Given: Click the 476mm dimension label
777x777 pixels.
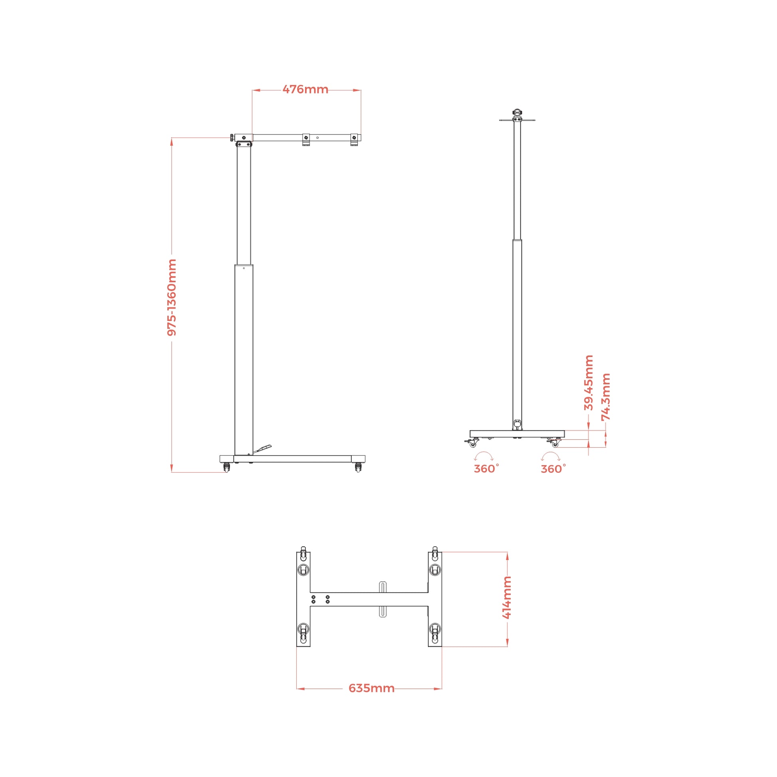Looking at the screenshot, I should [x=305, y=89].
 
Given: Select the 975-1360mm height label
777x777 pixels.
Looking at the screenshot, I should [x=172, y=297].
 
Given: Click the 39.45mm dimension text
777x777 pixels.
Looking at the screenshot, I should [x=589, y=383].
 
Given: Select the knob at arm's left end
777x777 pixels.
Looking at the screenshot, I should [x=232, y=137].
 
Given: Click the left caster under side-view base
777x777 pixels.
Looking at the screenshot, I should [x=226, y=468].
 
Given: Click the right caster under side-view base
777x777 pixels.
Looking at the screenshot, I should [x=358, y=468].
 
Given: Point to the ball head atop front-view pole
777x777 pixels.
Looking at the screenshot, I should [x=517, y=113].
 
